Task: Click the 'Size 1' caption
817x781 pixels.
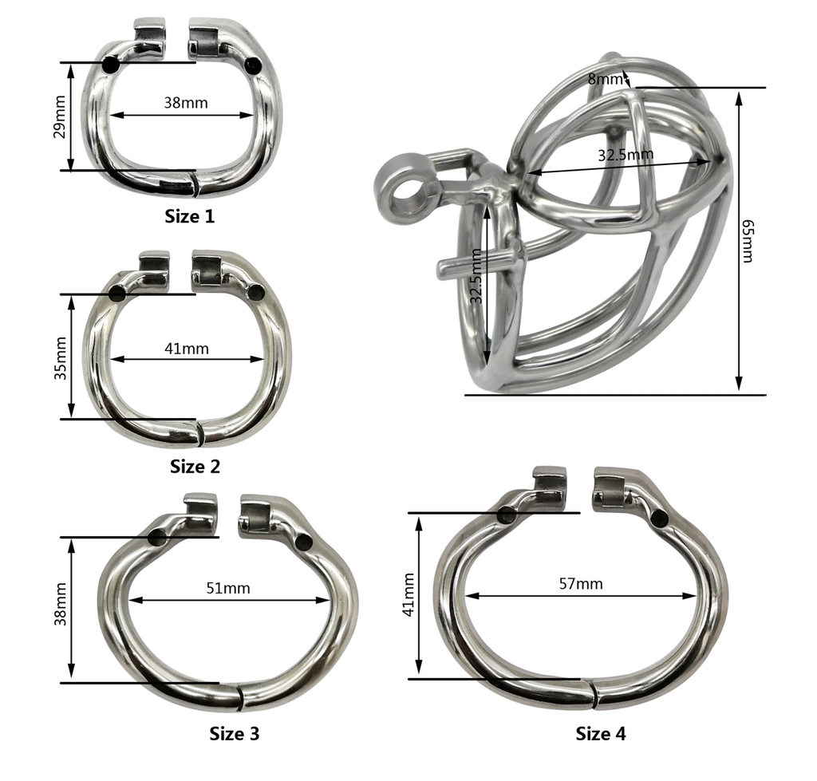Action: [x=189, y=215]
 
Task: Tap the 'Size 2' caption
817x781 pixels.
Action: [x=195, y=466]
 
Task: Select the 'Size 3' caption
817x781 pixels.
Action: [x=234, y=733]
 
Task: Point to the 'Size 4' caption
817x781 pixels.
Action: [x=601, y=733]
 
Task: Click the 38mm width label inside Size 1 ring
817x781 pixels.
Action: [x=186, y=103]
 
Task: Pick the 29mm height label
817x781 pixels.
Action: [x=59, y=119]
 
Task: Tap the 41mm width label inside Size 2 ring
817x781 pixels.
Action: [x=187, y=348]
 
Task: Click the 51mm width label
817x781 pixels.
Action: [x=228, y=589]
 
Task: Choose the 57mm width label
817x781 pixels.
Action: [x=581, y=583]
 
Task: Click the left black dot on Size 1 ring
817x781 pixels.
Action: [x=111, y=65]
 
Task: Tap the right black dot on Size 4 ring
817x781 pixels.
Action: [x=658, y=519]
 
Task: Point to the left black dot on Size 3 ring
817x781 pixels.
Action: [x=157, y=538]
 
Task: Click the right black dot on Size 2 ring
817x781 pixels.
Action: [x=257, y=294]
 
